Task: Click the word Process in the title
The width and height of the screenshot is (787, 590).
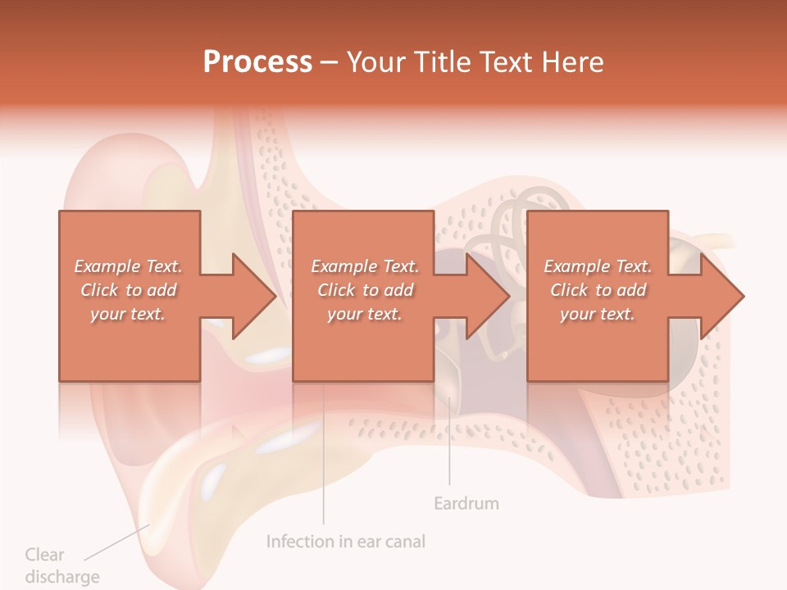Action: pyautogui.click(x=257, y=62)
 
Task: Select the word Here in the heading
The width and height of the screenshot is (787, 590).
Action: pyautogui.click(x=572, y=62)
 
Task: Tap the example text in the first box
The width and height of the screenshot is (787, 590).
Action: pyautogui.click(x=128, y=290)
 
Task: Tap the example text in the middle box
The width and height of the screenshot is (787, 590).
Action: pyautogui.click(x=364, y=290)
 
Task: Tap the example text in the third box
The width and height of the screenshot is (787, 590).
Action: pyautogui.click(x=598, y=290)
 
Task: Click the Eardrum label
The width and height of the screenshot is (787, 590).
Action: pyautogui.click(x=466, y=503)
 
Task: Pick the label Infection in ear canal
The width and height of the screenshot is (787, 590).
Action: pyautogui.click(x=346, y=542)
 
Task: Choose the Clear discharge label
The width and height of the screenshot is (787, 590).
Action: pyautogui.click(x=61, y=565)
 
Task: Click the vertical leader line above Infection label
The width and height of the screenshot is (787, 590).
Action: pyautogui.click(x=323, y=459)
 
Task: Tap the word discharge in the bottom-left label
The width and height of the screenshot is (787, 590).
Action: pyautogui.click(x=61, y=577)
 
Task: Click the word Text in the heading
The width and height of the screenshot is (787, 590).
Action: pyautogui.click(x=508, y=62)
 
